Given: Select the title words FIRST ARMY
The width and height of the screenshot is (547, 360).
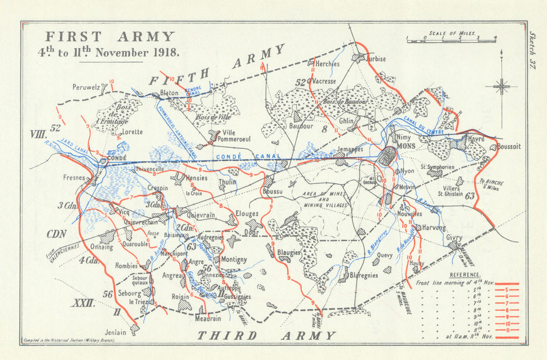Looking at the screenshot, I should pos(109,37).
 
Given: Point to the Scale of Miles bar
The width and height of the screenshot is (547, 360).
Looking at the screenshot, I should pos(451,39).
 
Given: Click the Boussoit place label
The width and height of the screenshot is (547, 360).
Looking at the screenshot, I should pos(509,147).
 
